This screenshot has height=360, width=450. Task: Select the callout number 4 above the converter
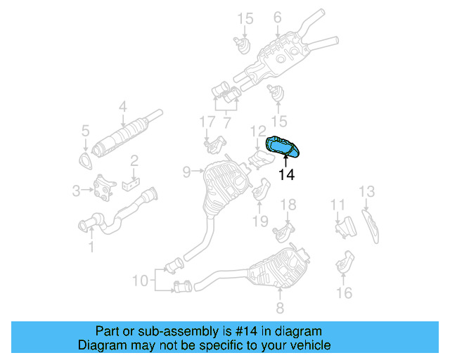click(x=122, y=107)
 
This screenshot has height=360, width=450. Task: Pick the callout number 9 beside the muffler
click(x=186, y=171)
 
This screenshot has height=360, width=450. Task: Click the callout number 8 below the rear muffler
click(x=279, y=308)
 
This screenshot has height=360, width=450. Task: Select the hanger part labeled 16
click(x=344, y=263)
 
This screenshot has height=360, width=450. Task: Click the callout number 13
click(x=367, y=191)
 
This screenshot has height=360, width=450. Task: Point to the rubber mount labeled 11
click(x=345, y=226)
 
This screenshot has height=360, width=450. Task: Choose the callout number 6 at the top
click(x=277, y=17)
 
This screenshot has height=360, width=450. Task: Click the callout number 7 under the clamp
click(x=226, y=122)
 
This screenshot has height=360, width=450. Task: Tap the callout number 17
click(x=206, y=122)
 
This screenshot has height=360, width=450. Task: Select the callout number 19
click(x=260, y=221)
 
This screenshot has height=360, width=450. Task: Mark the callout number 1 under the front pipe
click(x=90, y=246)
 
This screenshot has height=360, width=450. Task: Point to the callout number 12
click(x=258, y=130)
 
